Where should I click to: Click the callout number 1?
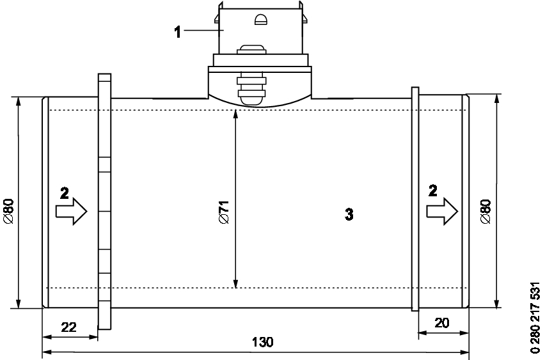click(178, 31)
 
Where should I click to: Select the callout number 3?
click(349, 214)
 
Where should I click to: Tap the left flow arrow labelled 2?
click(71, 211)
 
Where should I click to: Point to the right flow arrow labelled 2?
click(443, 211)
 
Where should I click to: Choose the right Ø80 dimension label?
click(486, 211)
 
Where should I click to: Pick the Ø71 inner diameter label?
click(224, 212)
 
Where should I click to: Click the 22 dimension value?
click(69, 327)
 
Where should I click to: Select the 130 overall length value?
click(262, 342)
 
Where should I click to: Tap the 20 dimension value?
click(442, 323)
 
